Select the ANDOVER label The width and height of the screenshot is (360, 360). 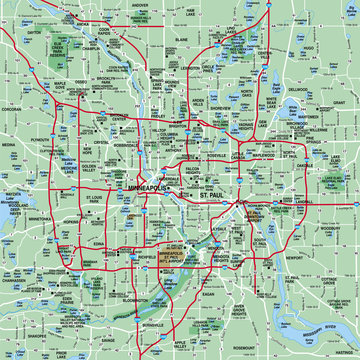[141, 5]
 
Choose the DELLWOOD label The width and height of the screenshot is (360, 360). [297, 117]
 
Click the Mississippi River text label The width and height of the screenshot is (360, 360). [330, 328]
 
